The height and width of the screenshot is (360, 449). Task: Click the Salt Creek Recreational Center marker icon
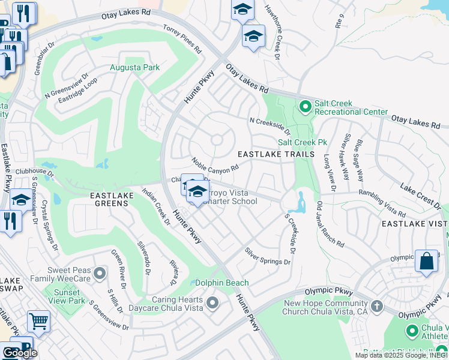[x=305, y=106]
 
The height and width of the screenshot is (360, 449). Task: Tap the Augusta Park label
[x=134, y=67]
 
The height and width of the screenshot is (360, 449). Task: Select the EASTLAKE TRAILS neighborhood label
[x=276, y=154]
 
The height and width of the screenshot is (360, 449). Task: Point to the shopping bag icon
[x=426, y=261]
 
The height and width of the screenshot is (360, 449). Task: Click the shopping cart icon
[x=38, y=321]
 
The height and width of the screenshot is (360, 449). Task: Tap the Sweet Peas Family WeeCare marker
[x=99, y=274]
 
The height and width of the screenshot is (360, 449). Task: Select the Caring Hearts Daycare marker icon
[x=212, y=303]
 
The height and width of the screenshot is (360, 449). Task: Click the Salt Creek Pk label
[x=302, y=142]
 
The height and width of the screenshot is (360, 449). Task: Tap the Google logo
[x=20, y=353]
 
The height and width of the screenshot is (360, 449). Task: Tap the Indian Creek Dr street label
[x=155, y=206]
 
